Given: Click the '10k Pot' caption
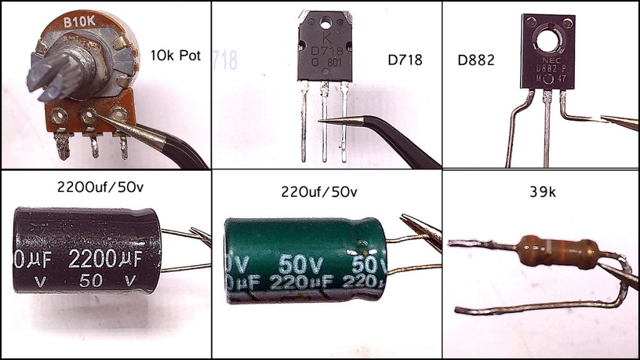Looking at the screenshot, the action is (x=175, y=56).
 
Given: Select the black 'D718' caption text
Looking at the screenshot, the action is (x=405, y=61).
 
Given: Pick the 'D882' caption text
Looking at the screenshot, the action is (x=476, y=61).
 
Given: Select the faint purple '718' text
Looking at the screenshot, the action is (x=225, y=61).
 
